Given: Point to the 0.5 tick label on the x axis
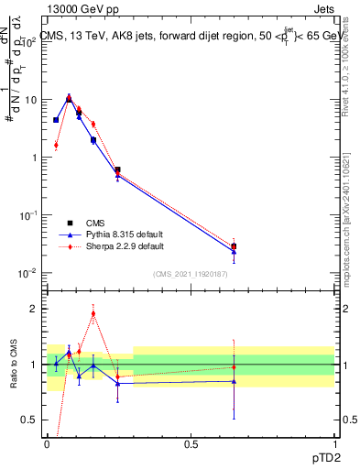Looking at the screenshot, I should click(x=191, y=444).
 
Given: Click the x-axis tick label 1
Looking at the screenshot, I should click(x=334, y=444).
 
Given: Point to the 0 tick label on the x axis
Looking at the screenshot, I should click(x=48, y=444).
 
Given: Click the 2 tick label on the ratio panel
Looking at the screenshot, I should click(x=34, y=309).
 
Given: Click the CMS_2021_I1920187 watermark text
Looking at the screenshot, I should click(x=190, y=274).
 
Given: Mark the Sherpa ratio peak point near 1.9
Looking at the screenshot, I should click(x=93, y=313).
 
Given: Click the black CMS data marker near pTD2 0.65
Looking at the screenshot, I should click(x=235, y=246).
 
